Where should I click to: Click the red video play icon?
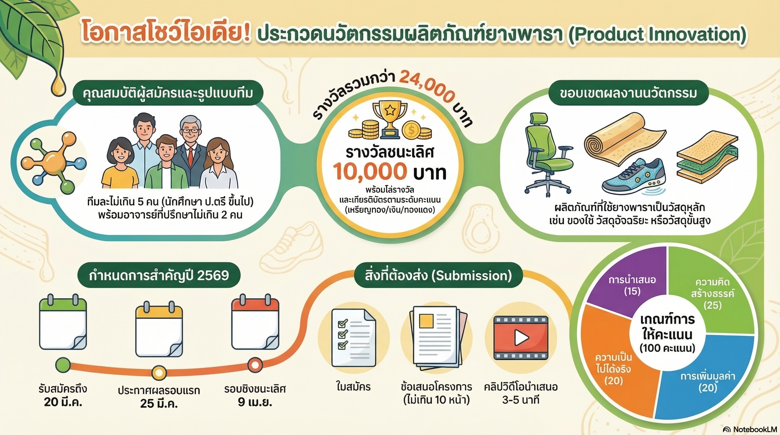click(x=521, y=338)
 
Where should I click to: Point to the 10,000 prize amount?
click(x=370, y=171)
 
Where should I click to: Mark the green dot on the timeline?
click(x=63, y=365)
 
